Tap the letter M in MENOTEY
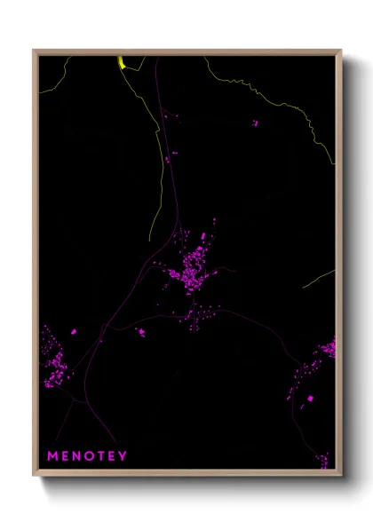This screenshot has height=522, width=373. click(52, 456)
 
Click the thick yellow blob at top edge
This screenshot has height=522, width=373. click(121, 61)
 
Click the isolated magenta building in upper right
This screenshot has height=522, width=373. click(255, 122)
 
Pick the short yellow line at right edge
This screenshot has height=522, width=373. click(319, 279)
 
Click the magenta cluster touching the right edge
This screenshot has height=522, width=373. click(328, 347)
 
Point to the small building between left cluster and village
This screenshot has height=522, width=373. click(139, 332)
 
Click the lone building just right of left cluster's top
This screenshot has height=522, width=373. click(73, 331)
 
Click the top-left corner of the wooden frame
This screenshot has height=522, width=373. click(34, 51)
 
